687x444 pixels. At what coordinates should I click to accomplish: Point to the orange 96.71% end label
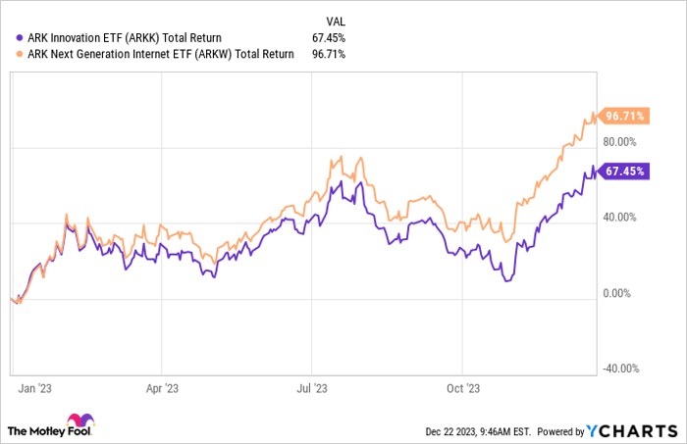(625, 116)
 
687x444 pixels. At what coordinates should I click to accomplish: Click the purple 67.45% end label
(625, 171)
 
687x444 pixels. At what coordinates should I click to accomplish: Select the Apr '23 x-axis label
(162, 387)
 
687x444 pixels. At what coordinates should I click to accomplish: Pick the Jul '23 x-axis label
(312, 387)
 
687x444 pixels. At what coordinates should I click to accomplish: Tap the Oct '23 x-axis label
(462, 387)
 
